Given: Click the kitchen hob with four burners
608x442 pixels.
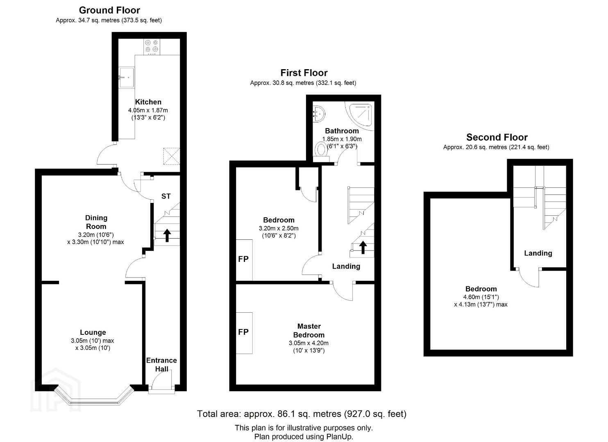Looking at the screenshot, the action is coord(152,46).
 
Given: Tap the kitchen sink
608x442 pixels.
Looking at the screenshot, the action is coord(126,77).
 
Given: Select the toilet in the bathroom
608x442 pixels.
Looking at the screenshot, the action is coord(321,149).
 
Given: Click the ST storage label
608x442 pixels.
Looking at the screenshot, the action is coord(166,196).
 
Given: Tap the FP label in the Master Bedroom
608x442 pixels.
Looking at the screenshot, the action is coord(243,332).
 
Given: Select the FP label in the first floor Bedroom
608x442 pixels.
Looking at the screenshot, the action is coord(243,259).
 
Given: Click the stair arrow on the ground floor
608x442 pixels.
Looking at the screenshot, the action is coord(167,235).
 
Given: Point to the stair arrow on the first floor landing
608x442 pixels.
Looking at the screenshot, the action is coord(363,248).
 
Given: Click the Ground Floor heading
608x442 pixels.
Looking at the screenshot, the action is coord(109,10).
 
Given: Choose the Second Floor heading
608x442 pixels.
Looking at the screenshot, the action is coord(497,137).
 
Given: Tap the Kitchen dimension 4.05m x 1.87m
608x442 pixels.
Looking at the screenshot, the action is coord(148,110).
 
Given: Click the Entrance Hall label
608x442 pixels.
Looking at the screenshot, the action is coord(161,365).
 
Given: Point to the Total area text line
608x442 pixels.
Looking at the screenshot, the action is coord(302,414).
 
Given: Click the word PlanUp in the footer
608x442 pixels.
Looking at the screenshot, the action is coord(339,436).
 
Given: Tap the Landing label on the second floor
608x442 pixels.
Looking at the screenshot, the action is coord(538,253).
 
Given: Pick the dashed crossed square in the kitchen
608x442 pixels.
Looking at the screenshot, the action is coord(171,156).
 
